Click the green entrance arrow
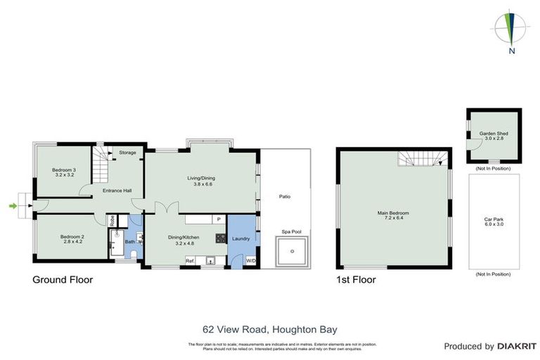pos(12,205)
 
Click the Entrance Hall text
pos(117,191)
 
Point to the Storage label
pos(127,152)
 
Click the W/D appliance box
pos(250,261)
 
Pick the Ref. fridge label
pos(189,261)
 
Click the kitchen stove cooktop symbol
pos(220,238)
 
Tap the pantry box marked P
pos(219,219)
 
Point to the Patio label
pos(284,197)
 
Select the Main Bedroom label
pos(393,215)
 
